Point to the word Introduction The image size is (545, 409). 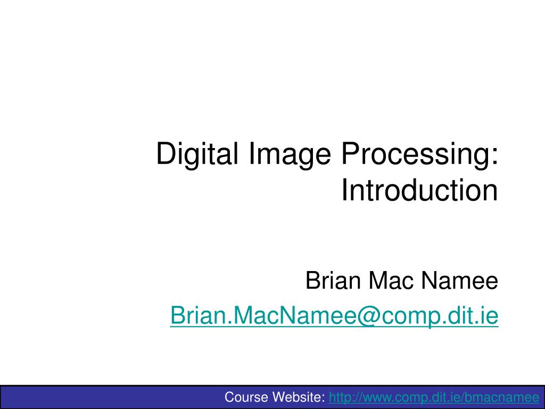(x=419, y=191)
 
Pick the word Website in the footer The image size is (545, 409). (x=298, y=397)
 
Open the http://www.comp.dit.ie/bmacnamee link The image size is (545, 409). (x=434, y=397)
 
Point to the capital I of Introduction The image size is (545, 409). (x=344, y=191)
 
